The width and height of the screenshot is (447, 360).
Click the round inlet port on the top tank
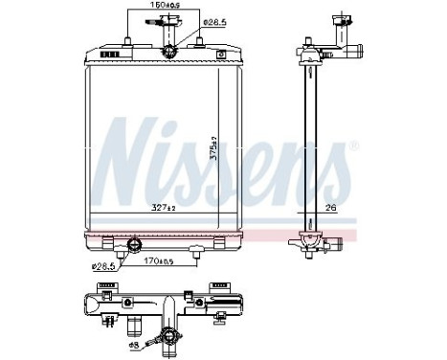[169, 51]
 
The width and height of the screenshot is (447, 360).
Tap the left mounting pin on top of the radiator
[128, 40]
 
